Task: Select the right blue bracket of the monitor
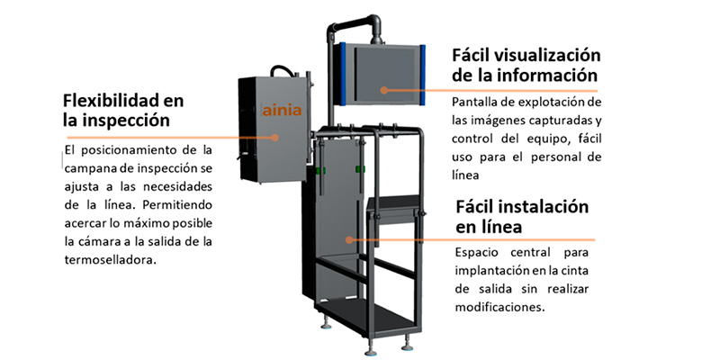click(421, 73)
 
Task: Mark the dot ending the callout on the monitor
click(382, 89)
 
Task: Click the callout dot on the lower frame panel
click(351, 239)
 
